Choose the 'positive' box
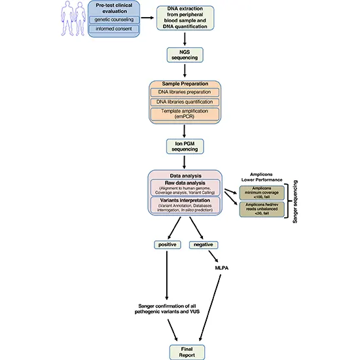point(165,244)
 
